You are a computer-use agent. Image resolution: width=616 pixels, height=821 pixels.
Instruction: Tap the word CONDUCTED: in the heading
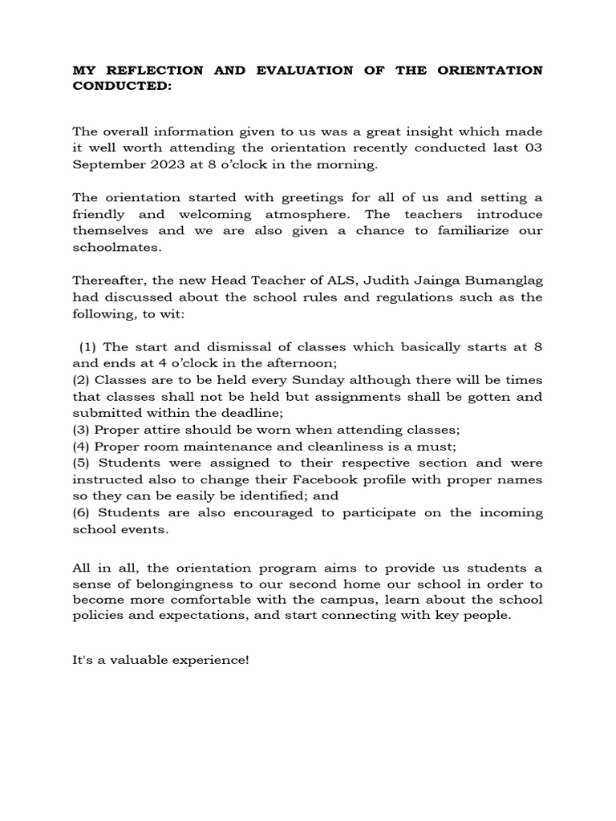click(122, 87)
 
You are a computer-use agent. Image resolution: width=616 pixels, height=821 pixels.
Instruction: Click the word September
click(104, 165)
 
